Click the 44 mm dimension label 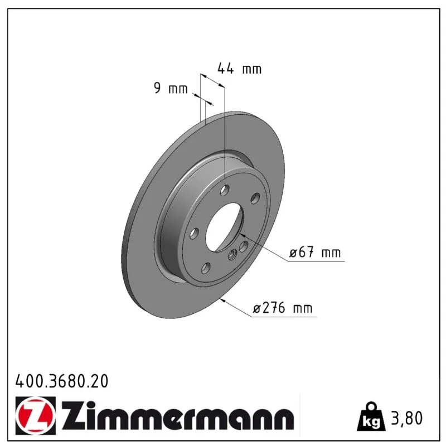[x=239, y=69]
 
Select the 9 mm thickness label [x=171, y=88]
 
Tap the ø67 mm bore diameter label [x=315, y=253]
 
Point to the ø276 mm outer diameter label [x=283, y=308]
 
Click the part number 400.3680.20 [x=62, y=381]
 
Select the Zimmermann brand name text [x=178, y=416]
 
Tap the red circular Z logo [x=36, y=415]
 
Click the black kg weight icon [x=371, y=416]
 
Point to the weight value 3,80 [x=407, y=418]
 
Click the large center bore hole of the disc [x=225, y=227]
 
